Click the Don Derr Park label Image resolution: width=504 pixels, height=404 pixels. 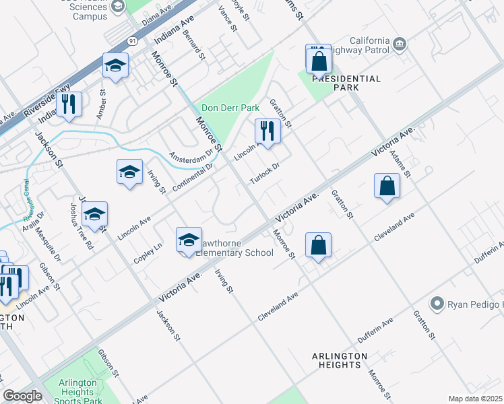(230, 108)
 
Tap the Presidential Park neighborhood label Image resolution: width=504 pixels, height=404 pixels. (346, 83)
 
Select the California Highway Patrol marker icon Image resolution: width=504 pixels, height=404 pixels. (400, 44)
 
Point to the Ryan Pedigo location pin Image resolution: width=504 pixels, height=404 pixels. (437, 304)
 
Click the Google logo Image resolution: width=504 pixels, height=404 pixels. (22, 396)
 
